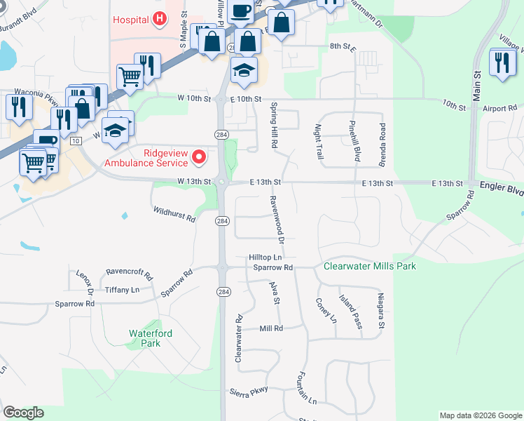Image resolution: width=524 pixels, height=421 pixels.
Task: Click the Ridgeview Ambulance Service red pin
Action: (x=198, y=156)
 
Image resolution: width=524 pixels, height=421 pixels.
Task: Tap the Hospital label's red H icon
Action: (x=160, y=19)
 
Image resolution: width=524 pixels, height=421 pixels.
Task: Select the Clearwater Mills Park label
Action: (x=369, y=267)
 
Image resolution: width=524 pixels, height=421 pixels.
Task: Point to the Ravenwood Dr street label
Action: (x=276, y=220)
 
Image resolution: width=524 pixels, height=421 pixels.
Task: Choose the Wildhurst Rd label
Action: (x=173, y=214)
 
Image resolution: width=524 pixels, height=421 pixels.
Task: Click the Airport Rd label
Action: (x=499, y=108)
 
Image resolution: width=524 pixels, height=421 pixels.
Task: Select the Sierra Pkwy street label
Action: (x=249, y=391)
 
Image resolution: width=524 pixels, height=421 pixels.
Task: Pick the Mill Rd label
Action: (x=270, y=328)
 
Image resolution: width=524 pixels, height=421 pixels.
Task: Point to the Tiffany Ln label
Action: (x=122, y=290)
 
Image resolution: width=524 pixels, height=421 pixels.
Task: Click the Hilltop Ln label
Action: (x=265, y=258)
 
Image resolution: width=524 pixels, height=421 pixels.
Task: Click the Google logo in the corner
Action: (x=23, y=413)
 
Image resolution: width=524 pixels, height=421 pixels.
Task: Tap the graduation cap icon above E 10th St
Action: (x=244, y=71)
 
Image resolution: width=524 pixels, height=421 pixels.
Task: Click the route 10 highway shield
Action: (x=74, y=141)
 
